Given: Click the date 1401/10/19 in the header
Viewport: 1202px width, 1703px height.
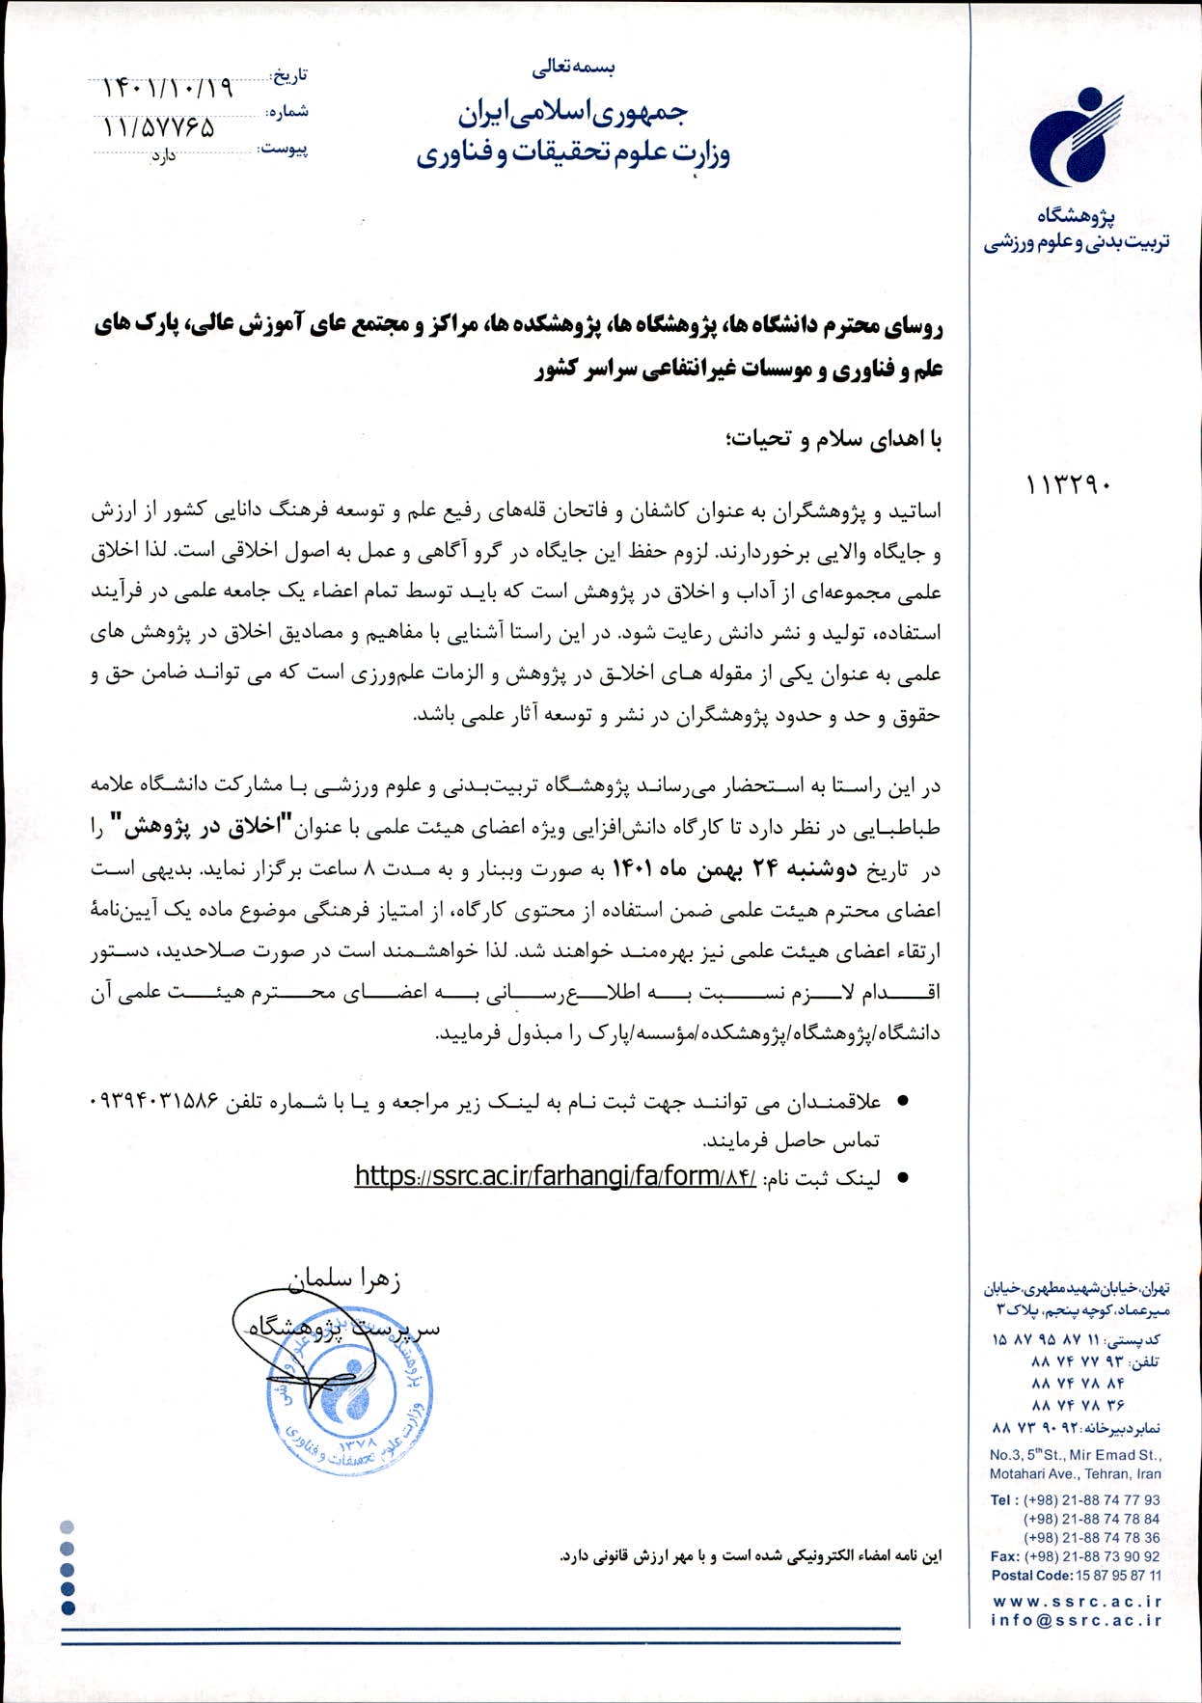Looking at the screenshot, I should click(x=168, y=88).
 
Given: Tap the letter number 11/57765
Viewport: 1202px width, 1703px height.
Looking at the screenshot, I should click(x=159, y=127).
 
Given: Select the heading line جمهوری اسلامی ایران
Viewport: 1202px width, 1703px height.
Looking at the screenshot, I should click(x=572, y=114).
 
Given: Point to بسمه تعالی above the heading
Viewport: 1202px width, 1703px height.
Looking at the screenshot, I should click(x=573, y=68).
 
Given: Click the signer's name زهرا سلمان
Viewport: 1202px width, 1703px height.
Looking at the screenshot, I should click(x=345, y=1280).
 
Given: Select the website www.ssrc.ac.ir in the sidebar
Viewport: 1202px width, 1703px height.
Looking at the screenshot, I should click(x=1077, y=1601).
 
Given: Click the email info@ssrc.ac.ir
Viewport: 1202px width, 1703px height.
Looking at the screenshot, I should click(x=1077, y=1620).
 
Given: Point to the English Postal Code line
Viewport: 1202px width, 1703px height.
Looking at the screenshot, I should click(x=1076, y=1576).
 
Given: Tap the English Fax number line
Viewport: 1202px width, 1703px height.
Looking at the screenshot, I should click(x=1076, y=1556).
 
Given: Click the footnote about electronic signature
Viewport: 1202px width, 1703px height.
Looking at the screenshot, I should click(x=751, y=1555).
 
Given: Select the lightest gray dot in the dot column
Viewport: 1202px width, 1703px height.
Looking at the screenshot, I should click(x=67, y=1527).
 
